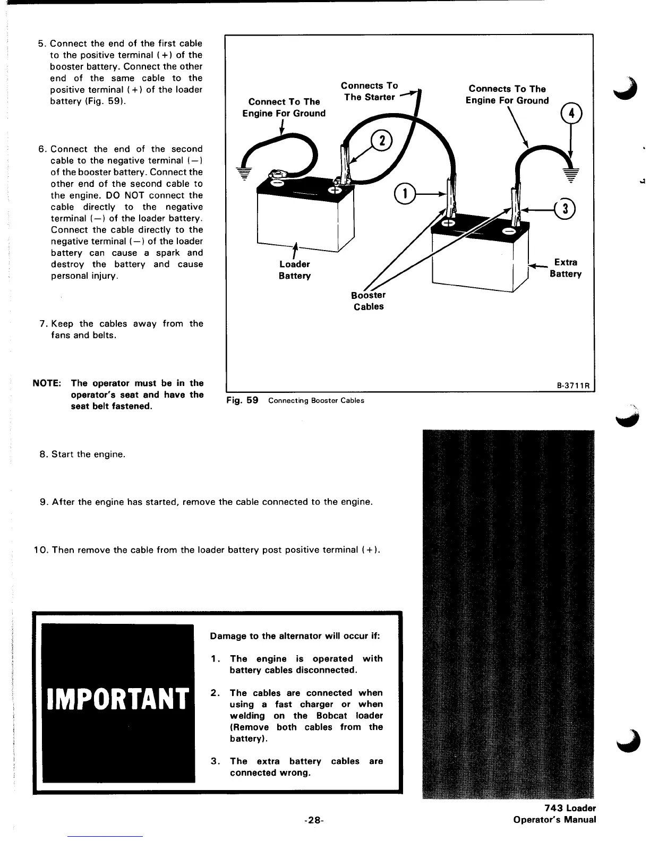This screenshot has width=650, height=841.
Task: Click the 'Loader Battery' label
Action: (294, 270)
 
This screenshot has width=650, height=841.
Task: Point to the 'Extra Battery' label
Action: (566, 268)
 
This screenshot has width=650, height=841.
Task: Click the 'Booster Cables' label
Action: (369, 301)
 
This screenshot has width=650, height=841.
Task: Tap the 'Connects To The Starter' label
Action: (370, 91)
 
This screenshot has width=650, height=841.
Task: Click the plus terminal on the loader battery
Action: (336, 191)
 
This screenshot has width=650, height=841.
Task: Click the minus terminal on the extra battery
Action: (509, 232)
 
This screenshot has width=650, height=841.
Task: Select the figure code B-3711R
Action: (574, 385)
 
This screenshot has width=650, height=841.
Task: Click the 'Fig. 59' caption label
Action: (242, 400)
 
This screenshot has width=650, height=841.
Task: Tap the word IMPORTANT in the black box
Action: (118, 699)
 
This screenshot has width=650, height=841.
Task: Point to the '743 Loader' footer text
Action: (570, 808)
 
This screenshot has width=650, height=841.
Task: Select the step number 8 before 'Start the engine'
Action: (44, 454)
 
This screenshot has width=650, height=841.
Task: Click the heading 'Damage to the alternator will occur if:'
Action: (295, 636)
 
